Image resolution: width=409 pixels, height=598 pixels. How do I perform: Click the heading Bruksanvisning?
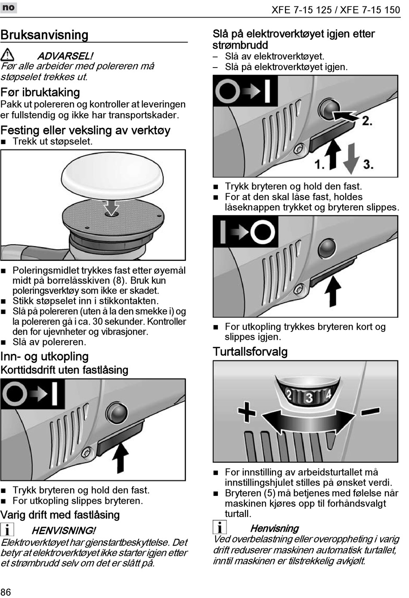point(44,35)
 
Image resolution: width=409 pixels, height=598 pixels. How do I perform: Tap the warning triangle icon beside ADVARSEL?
point(7,55)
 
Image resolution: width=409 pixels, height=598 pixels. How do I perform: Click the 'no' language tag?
point(8,7)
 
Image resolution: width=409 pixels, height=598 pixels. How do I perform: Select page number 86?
point(6,591)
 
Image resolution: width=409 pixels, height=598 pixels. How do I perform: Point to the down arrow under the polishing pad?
point(112,207)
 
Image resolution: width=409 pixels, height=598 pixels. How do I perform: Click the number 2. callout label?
point(367,121)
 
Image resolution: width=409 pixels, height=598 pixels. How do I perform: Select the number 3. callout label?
point(368,164)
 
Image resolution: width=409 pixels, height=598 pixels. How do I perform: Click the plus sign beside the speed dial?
point(247,412)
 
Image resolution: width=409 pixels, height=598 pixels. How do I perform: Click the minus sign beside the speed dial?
point(370,411)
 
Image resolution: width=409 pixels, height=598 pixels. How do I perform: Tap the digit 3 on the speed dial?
point(309,397)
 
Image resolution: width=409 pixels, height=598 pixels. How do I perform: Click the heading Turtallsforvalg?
point(250,352)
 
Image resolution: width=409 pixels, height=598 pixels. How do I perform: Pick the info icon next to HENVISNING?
point(7,529)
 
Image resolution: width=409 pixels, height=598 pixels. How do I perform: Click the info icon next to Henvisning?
point(220,527)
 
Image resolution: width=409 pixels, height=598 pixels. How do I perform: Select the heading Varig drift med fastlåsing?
point(60,515)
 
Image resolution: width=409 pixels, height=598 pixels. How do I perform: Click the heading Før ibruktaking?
point(40,92)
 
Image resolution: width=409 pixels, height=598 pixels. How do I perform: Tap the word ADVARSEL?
point(65,56)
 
